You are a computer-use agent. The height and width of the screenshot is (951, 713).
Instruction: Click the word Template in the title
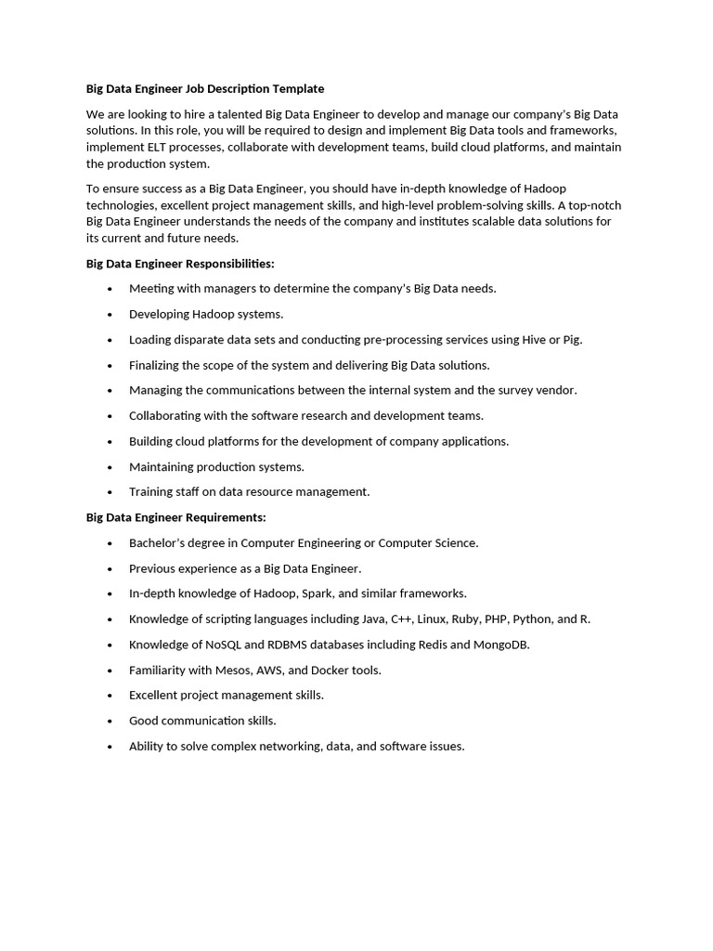pos(298,89)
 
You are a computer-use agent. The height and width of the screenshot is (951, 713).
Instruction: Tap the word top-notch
pos(594,205)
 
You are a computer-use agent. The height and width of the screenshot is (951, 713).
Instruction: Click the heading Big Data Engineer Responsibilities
pos(180,264)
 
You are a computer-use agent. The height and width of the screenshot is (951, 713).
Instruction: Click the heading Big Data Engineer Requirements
pos(176,517)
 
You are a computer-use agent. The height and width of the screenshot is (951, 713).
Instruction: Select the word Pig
pos(572,340)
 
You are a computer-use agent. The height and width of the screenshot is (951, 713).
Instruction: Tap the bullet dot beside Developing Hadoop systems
pos(110,315)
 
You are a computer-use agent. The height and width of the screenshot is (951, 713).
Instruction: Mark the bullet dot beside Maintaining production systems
pos(110,467)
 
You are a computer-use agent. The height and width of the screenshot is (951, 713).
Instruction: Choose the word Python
pos(531,619)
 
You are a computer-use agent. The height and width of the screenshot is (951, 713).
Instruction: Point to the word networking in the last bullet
pos(282,746)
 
